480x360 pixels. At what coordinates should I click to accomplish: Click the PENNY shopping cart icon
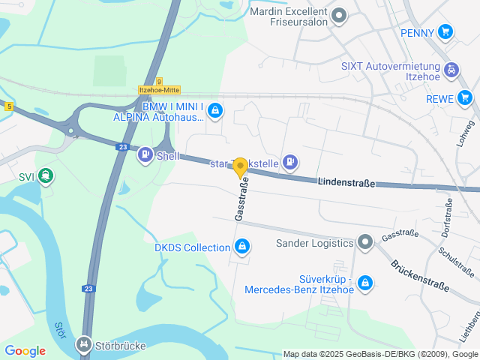446,31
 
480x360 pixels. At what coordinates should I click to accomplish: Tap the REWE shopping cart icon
466,97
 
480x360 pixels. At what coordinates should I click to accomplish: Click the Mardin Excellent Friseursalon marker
339,15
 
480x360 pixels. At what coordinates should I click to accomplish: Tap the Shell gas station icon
144,156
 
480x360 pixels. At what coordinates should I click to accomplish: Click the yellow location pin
241,168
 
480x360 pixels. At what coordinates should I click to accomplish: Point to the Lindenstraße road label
346,182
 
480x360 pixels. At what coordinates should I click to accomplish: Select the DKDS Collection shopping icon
242,246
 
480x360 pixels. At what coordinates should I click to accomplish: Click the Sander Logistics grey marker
365,241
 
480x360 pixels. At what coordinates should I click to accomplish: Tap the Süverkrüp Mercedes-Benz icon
364,282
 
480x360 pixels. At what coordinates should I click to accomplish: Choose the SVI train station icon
46,177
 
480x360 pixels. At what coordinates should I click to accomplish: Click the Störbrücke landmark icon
82,346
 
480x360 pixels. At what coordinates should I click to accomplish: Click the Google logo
25,350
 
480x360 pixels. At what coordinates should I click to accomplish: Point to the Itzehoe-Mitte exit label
159,90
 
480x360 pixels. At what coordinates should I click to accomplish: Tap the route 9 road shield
159,81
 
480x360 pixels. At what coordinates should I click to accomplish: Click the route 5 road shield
8,106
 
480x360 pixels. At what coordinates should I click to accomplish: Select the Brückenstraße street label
419,275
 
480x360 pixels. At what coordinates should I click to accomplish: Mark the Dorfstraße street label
447,217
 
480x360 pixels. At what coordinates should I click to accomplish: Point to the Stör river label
61,330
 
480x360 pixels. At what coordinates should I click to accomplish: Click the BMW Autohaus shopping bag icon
216,111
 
